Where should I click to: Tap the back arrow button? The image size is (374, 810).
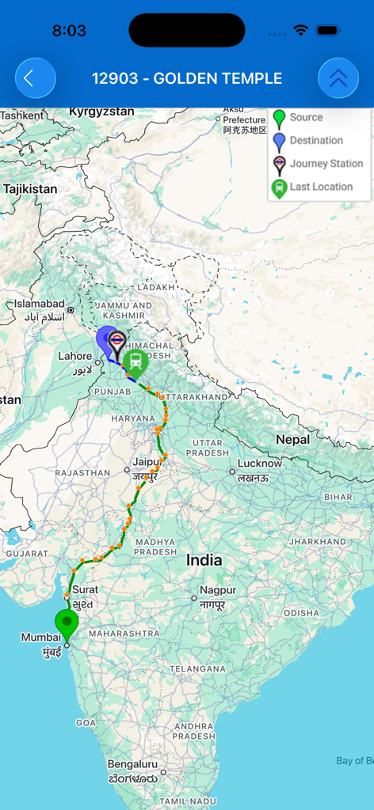coord(35,78)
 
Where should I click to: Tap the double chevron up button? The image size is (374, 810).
coord(338,78)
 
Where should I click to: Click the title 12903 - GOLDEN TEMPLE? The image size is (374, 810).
coord(187,78)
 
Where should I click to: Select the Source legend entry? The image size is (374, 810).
coord(305,117)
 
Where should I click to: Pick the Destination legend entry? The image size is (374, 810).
coord(315,141)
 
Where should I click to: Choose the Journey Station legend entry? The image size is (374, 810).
coord(325,164)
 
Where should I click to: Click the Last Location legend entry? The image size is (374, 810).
coord(320,187)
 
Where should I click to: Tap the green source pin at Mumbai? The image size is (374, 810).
coord(67,623)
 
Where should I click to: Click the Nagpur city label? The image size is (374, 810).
coord(217,590)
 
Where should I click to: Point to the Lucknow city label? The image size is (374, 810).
coord(259,464)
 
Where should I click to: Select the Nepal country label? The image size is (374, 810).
coord(292,439)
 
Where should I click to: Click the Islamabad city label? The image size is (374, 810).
coord(38,304)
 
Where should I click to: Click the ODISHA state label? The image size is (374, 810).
coord(302,613)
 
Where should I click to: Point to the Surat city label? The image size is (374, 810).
coord(85,589)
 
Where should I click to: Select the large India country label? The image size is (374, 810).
coord(204,560)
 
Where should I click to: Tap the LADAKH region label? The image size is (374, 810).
coord(155,287)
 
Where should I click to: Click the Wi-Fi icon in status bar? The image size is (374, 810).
coord(300,30)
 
